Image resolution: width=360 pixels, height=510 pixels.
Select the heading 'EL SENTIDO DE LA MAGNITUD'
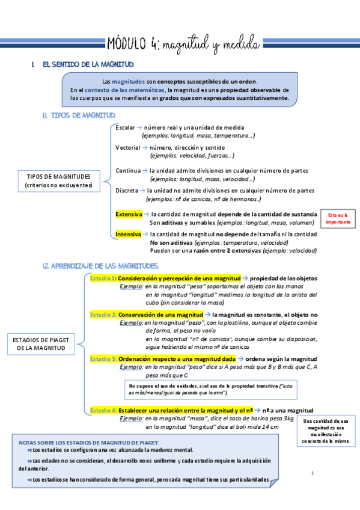[88, 64]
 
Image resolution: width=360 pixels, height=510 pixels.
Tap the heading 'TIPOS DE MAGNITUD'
[76, 115]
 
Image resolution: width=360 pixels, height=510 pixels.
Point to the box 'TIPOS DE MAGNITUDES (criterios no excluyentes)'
[59, 180]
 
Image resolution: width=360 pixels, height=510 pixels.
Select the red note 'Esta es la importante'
[338, 218]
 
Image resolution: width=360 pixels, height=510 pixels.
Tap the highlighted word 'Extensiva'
[129, 214]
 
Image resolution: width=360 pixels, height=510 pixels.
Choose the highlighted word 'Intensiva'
[128, 234]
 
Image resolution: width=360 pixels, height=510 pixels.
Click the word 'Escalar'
[125, 128]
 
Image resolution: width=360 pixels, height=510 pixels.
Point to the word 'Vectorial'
[127, 147]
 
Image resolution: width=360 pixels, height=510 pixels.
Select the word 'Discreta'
[126, 191]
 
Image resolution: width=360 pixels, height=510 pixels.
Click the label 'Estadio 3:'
[103, 358]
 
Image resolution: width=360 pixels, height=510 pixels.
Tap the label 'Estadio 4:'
[103, 410]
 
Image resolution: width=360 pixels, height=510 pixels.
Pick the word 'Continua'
[127, 171]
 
